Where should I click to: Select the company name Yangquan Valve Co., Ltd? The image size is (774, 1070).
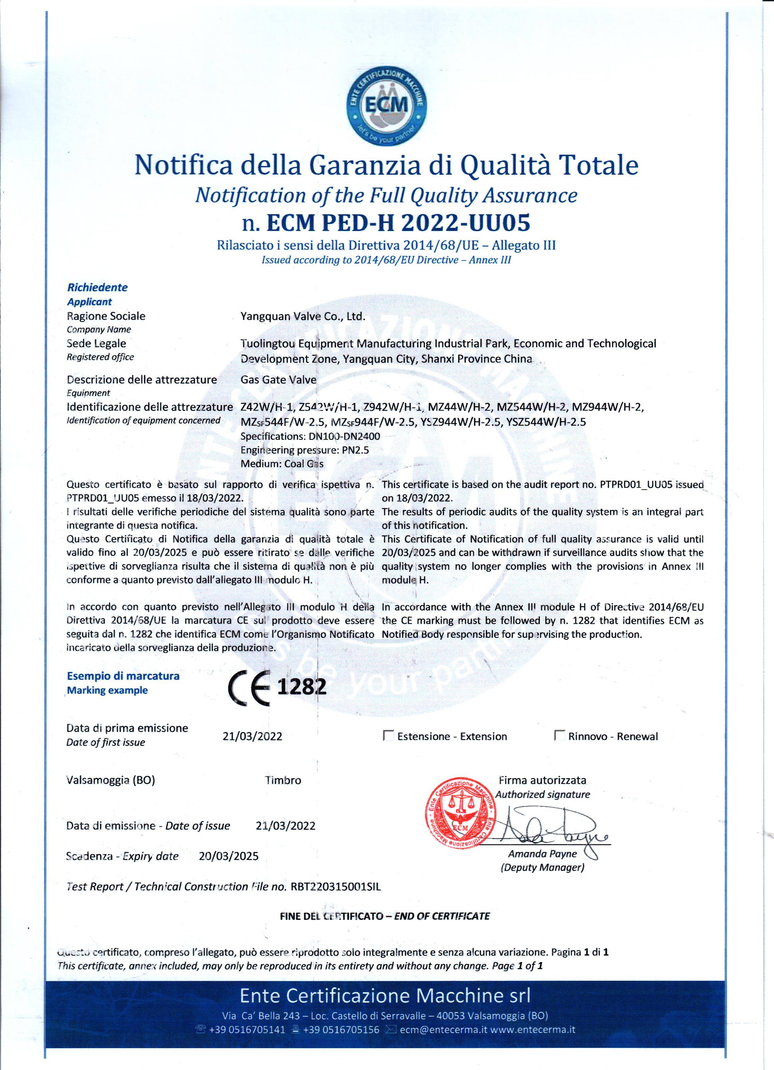(303, 316)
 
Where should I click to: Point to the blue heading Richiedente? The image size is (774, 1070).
(97, 287)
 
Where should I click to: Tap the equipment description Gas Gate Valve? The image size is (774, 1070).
(278, 380)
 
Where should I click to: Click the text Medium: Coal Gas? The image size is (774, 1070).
(282, 464)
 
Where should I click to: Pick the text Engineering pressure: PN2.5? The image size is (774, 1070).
(305, 450)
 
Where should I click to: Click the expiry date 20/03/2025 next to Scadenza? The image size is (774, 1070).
(229, 856)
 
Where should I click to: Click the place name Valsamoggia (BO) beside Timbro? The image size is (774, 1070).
(110, 780)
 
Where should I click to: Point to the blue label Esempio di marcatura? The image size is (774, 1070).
(123, 676)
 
